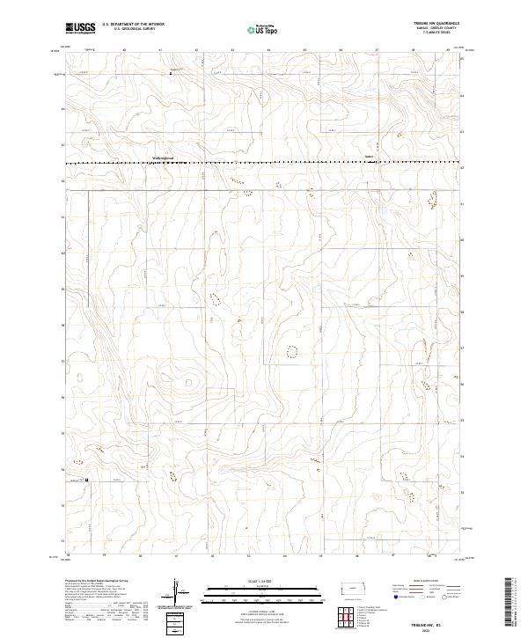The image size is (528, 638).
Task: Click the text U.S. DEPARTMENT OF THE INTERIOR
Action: [133, 24]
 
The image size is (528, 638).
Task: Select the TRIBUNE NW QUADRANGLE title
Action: [436, 23]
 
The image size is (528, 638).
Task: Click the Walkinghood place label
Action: [163, 158]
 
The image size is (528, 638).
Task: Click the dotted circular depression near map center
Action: [292, 352]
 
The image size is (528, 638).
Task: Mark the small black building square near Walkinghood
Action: [171, 148]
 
